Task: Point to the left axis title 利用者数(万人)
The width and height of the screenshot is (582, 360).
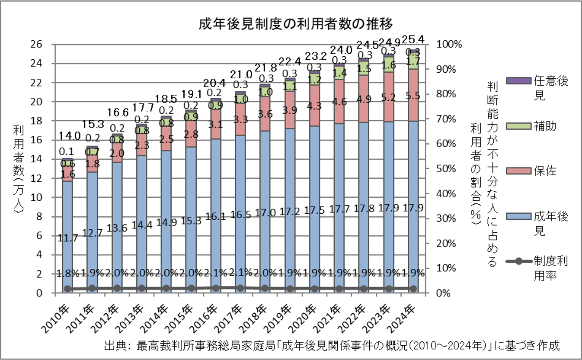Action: pyautogui.click(x=18, y=169)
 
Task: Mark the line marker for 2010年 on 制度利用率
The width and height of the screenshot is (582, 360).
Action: pyautogui.click(x=67, y=289)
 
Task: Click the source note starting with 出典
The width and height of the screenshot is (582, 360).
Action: pyautogui.click(x=332, y=346)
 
